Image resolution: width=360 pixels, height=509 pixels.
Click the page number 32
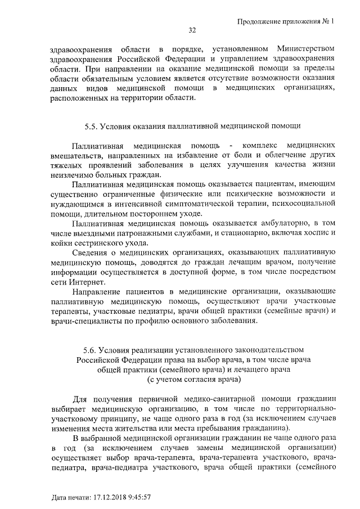coord(191,30)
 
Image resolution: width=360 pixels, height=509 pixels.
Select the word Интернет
coord(85,282)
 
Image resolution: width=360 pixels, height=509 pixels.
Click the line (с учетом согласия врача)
coord(194,379)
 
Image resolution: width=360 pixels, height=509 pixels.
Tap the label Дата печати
coord(70,498)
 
